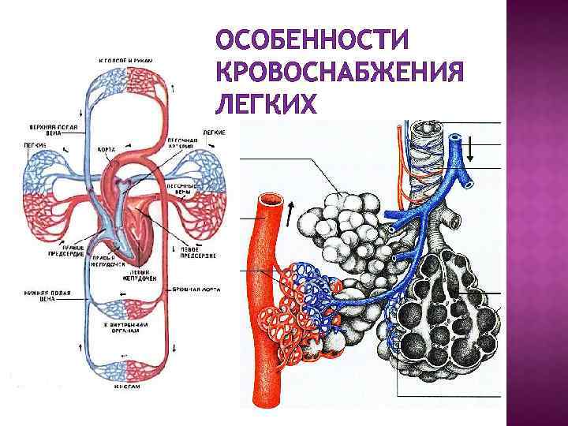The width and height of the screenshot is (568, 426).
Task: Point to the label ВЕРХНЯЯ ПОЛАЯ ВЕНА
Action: [40, 131]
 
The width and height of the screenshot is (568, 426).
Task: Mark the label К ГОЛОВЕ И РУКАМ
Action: [125, 61]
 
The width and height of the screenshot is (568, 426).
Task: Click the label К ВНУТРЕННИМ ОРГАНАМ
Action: [125, 328]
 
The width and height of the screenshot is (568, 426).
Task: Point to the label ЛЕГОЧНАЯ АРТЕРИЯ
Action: [184, 147]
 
